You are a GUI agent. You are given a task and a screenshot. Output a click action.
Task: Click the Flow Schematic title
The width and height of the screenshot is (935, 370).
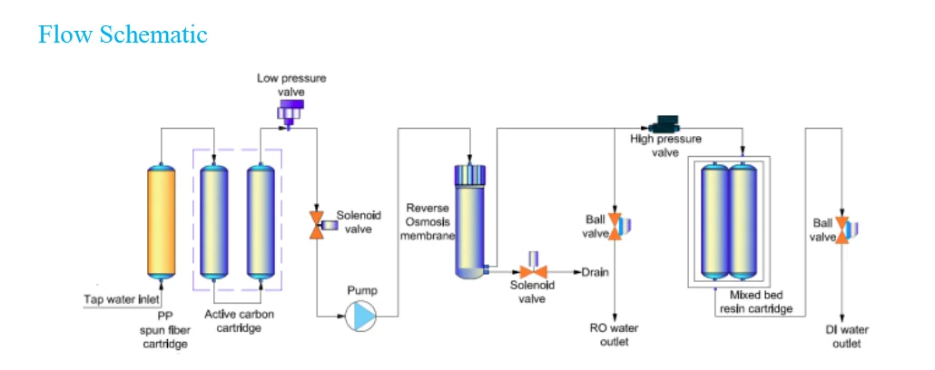point(123,34)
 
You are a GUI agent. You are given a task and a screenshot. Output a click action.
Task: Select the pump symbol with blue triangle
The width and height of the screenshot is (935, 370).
point(361,316)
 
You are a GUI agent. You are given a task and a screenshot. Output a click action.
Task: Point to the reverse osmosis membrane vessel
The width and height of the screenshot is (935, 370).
point(469,219)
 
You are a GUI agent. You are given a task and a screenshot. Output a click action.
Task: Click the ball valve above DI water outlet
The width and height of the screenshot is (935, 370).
point(843,229)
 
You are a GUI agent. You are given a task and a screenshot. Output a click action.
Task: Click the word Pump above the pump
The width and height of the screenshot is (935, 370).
point(361,291)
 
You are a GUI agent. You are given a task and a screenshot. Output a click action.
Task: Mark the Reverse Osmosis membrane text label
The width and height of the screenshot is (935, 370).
point(428,222)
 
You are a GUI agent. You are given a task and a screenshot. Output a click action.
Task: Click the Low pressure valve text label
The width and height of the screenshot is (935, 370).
point(291,85)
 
